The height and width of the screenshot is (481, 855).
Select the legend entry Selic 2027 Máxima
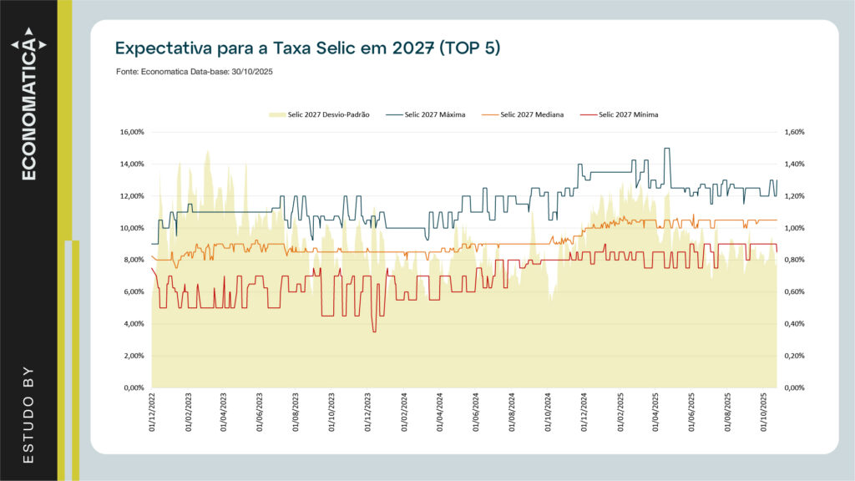click(x=434, y=114)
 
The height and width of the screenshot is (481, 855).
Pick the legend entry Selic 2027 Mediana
click(x=532, y=114)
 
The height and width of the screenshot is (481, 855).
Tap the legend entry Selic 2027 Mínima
click(x=629, y=114)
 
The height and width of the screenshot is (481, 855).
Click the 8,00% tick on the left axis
click(x=133, y=260)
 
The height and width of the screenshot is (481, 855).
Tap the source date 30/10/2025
click(x=251, y=73)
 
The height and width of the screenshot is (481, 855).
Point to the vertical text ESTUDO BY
click(x=28, y=413)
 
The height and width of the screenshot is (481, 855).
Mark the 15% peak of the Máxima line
click(x=666, y=149)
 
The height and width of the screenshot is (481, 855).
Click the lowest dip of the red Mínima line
click(x=374, y=332)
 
